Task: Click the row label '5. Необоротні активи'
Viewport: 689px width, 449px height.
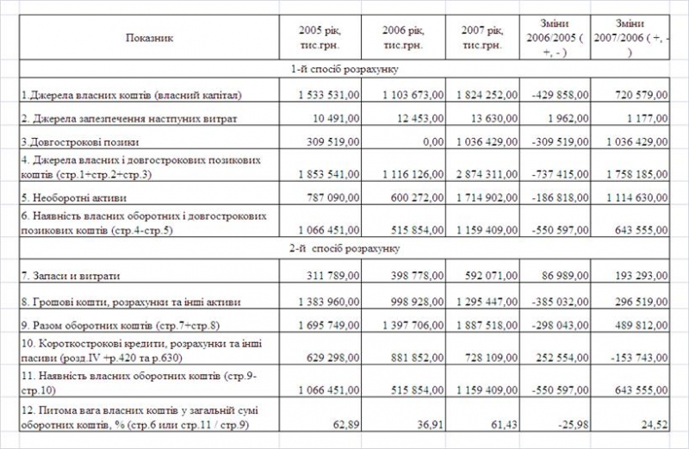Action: click(x=72, y=196)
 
